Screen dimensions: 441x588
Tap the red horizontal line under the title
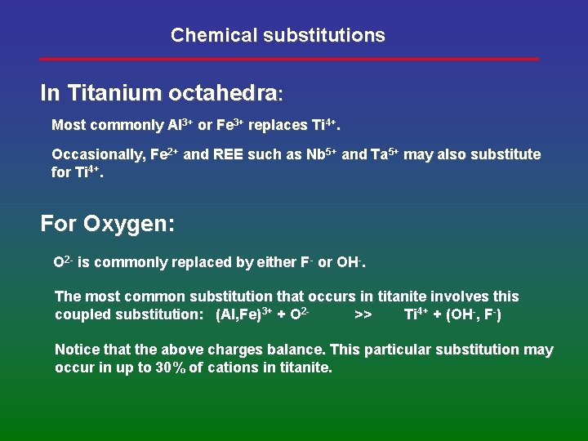pyautogui.click(x=289, y=59)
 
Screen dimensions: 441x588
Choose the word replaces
pyautogui.click(x=278, y=126)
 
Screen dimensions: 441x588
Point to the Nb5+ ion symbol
pyautogui.click(x=322, y=154)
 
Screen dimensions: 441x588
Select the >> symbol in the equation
pyautogui.click(x=364, y=315)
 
